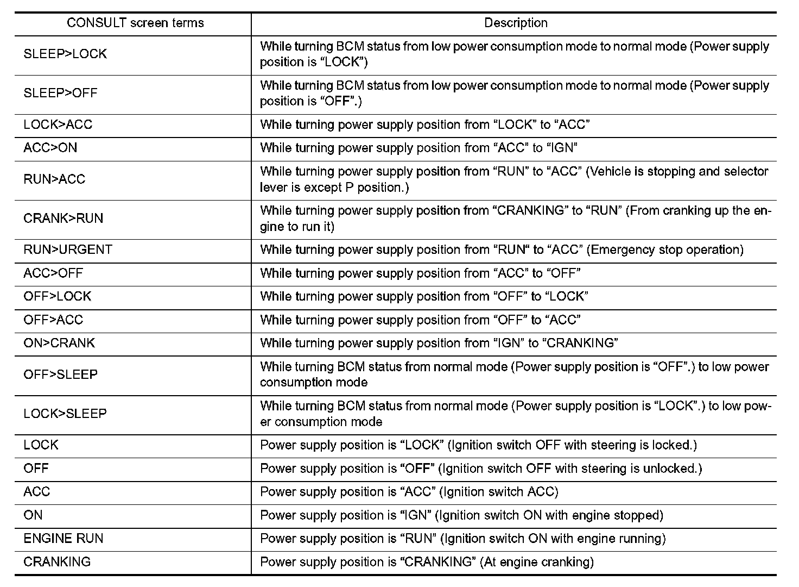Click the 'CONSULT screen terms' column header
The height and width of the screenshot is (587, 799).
pos(135,23)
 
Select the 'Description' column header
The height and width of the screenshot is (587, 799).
pos(516,23)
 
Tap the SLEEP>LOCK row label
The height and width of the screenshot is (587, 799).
pos(65,54)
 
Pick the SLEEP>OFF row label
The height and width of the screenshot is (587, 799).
pos(60,93)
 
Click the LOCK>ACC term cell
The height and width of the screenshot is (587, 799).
pos(58,124)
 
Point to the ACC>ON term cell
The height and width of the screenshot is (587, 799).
pos(50,148)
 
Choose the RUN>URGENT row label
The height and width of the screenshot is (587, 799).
pos(68,249)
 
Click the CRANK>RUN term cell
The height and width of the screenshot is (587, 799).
pos(64,218)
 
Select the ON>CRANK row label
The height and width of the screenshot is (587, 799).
pos(59,343)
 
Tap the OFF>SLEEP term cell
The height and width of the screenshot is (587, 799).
pos(61,374)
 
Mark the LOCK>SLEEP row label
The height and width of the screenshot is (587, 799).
pos(65,414)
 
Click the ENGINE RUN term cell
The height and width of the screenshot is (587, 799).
pos(64,538)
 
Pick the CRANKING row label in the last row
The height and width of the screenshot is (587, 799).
pos(57,561)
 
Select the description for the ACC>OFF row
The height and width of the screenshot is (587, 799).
pos(420,273)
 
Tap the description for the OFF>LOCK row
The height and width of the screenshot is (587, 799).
pos(424,296)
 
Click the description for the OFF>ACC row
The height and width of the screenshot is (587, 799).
pos(420,320)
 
